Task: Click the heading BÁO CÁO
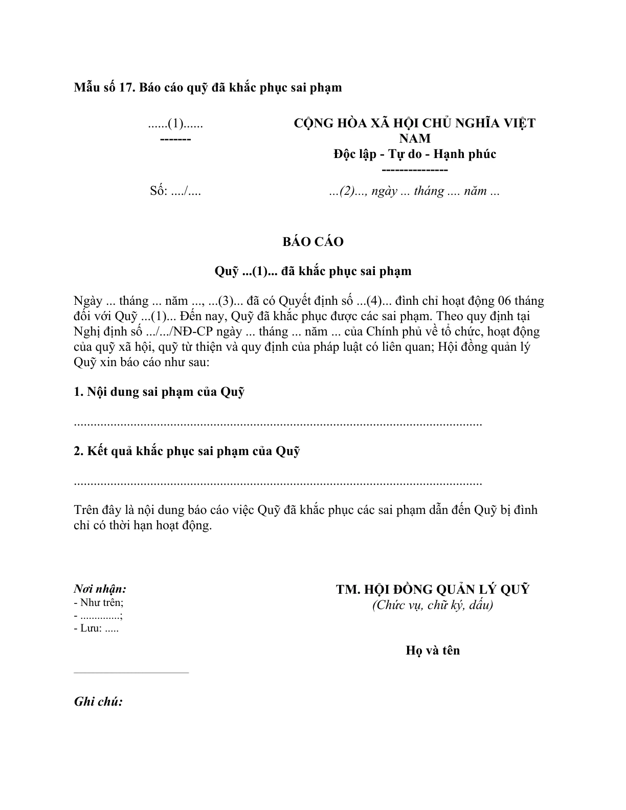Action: [x=312, y=242]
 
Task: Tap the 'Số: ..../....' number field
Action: [x=175, y=191]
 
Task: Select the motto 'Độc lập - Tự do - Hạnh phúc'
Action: [x=414, y=154]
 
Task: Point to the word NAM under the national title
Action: [x=414, y=139]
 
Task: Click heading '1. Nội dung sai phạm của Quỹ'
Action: [x=159, y=392]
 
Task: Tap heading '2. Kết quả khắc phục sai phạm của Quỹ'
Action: [x=187, y=452]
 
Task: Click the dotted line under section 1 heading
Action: [x=278, y=424]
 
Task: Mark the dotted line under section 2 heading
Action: [x=278, y=483]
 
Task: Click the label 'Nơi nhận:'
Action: [x=100, y=589]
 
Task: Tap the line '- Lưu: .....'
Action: [x=96, y=628]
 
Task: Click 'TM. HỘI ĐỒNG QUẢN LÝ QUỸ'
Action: [x=433, y=590]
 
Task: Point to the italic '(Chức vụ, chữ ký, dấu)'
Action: [x=433, y=605]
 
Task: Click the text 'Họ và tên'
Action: [x=433, y=650]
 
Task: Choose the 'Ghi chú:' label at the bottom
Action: [x=98, y=702]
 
